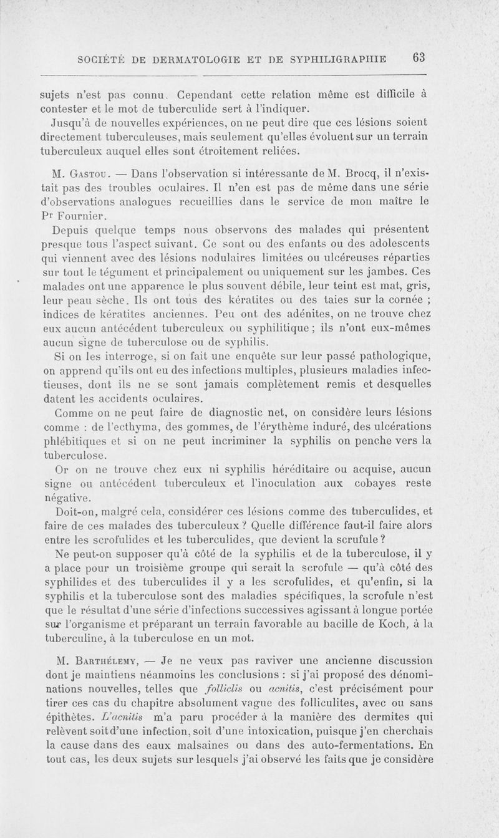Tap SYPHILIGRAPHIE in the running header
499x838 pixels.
point(342,59)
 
